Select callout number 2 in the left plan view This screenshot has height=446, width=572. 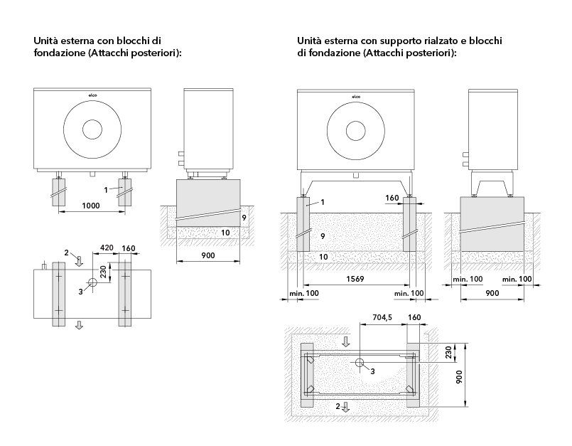click(66, 253)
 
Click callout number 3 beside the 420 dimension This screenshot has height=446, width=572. click(81, 291)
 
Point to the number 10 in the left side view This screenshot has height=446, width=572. click(225, 232)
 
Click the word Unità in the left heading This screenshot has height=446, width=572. click(46, 41)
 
